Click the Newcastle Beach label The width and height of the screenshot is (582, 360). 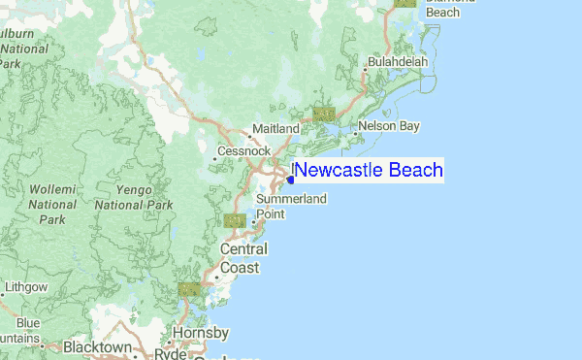pos(368,171)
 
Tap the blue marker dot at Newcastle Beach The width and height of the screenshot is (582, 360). pos(291,180)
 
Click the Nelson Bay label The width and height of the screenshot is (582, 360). pos(389,126)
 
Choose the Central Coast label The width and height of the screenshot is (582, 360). pos(243,258)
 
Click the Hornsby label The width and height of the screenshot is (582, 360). pos(201,333)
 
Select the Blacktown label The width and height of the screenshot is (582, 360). pos(98,346)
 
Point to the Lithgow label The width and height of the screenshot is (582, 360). pos(25,287)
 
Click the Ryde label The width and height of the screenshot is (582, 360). pos(170,354)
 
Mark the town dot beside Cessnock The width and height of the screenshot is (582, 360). pos(214,158)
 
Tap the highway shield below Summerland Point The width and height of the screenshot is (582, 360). pos(235,221)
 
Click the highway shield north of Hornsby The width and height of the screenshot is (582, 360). pos(189,289)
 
